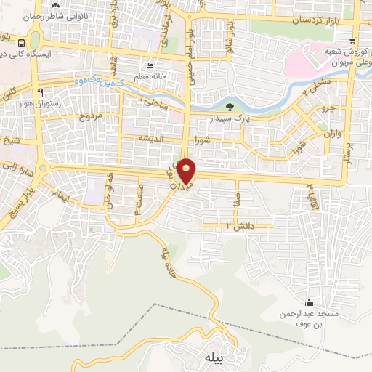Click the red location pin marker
click(x=187, y=170)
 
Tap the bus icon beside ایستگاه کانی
click(x=33, y=41)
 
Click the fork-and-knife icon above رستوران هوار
click(x=41, y=92)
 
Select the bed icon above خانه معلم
click(x=150, y=65)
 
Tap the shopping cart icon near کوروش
click(x=352, y=41)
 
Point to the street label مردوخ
click(x=93, y=116)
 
